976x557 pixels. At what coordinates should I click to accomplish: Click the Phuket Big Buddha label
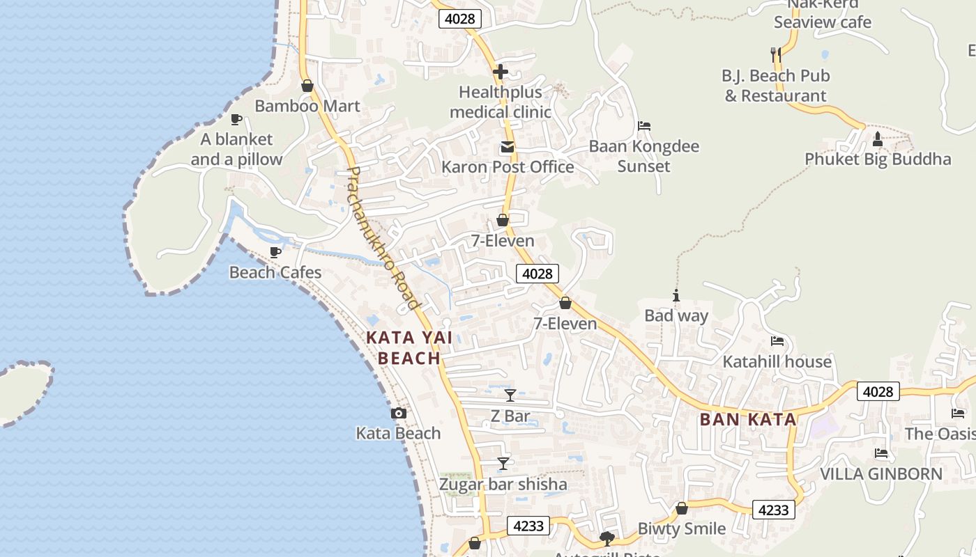click(x=877, y=159)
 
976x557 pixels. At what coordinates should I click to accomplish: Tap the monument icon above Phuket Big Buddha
click(x=877, y=139)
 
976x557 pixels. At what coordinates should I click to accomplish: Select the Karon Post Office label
click(x=508, y=167)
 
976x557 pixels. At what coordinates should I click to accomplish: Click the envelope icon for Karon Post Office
click(x=507, y=147)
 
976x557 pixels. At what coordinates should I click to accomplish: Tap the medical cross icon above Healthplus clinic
click(x=500, y=71)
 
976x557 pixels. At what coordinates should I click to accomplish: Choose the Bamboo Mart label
click(x=307, y=106)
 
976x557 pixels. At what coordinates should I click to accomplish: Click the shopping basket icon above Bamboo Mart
click(x=307, y=86)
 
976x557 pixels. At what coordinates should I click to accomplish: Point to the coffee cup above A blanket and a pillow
click(x=236, y=119)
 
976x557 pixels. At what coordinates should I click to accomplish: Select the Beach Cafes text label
click(x=275, y=272)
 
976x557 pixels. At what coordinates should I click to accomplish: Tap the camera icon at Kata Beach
click(x=398, y=413)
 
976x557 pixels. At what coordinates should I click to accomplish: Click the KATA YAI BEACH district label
click(x=409, y=348)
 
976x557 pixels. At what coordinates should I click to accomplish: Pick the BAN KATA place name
click(x=747, y=419)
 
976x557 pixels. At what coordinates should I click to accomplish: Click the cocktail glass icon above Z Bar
click(x=510, y=395)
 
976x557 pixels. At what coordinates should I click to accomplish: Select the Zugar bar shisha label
click(x=503, y=484)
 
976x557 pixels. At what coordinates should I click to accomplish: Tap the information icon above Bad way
click(x=676, y=295)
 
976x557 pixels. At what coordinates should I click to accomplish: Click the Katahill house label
click(x=777, y=361)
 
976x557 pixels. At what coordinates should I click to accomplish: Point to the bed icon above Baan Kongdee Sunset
click(x=643, y=126)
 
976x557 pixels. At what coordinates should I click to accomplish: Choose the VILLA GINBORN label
click(x=880, y=473)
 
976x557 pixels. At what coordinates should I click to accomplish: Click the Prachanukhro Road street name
click(x=383, y=237)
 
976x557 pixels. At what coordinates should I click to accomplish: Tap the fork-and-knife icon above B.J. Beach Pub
click(x=775, y=54)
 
